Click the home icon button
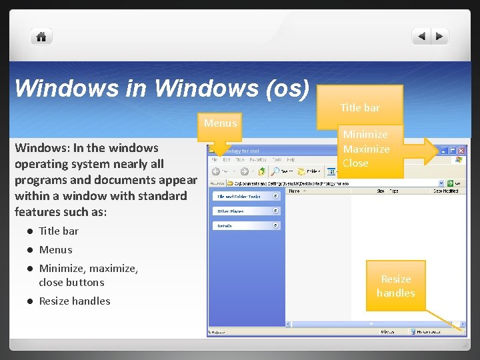pos(41,37)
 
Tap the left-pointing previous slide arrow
pos(421,37)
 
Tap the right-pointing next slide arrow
pos(439,37)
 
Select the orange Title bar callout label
pos(360,107)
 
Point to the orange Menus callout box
pos(220,123)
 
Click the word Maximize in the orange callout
pos(366,149)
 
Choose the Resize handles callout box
pos(395,286)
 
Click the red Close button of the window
pos(461,151)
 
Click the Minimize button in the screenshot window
pos(443,151)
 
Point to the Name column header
pos(294,191)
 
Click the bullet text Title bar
pos(59,231)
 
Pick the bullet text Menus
pos(55,250)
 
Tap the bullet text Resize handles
pos(75,301)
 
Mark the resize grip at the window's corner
pos(463,331)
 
